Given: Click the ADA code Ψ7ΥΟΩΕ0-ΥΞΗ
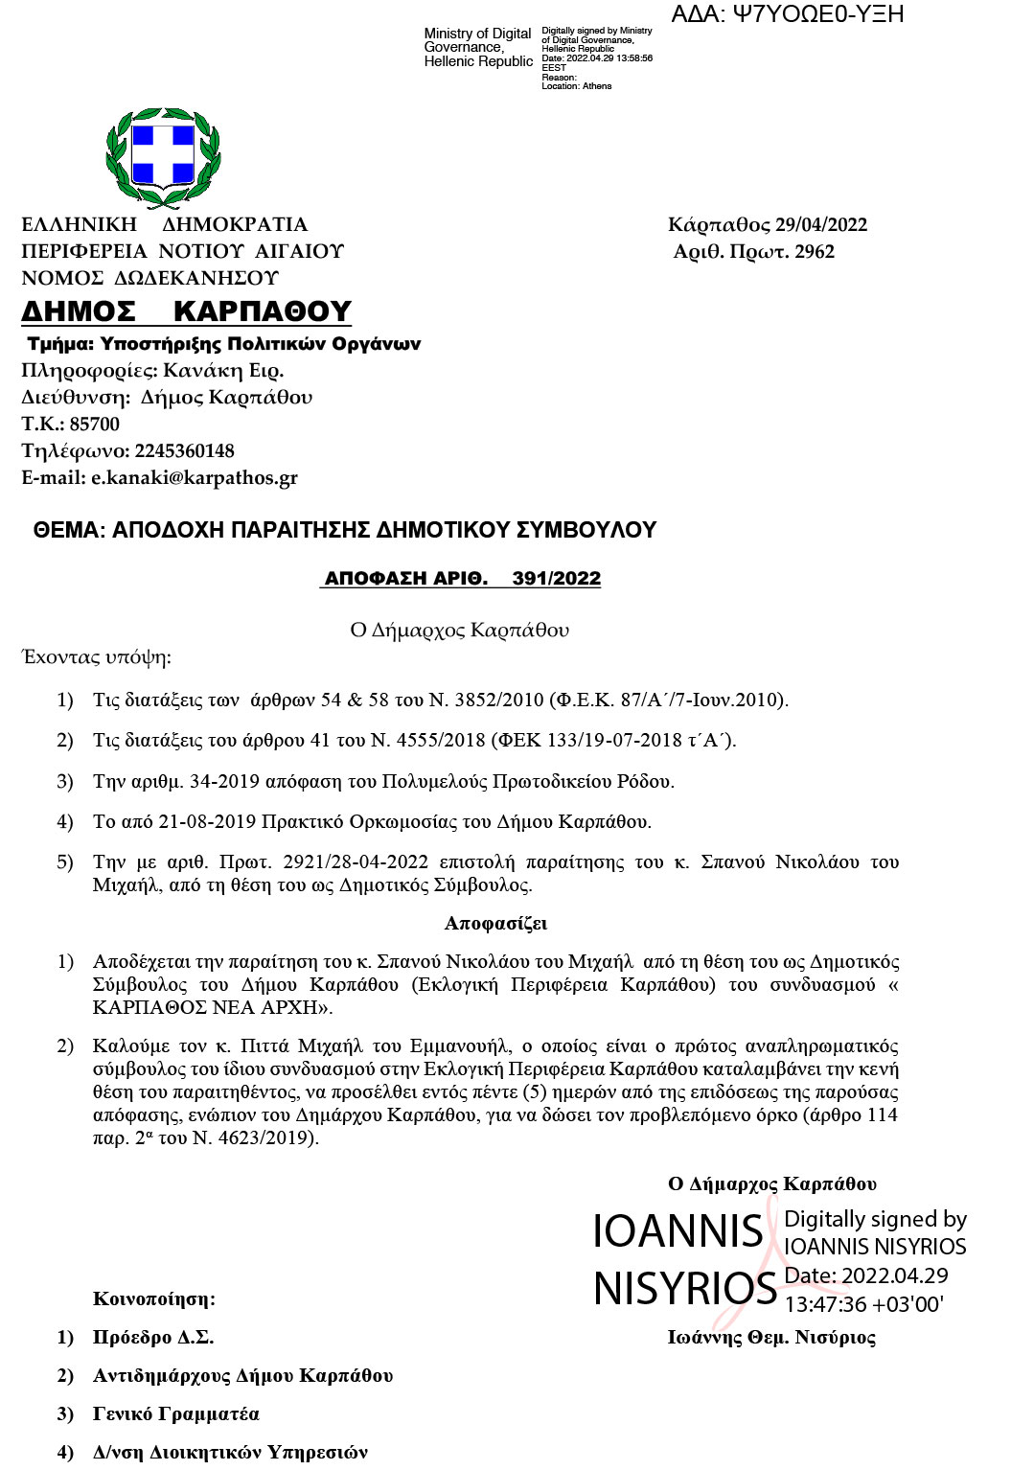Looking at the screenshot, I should (x=788, y=14).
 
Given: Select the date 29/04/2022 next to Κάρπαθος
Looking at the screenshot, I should (x=821, y=225).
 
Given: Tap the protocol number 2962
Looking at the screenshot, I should (x=815, y=252).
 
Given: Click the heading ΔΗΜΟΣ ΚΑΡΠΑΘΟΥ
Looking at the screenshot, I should (x=187, y=311).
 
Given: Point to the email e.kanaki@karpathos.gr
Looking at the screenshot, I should (x=195, y=478).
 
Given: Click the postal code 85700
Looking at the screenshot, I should (x=95, y=425).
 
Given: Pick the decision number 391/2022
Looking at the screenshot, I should (x=557, y=579).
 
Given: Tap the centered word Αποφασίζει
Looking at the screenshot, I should (x=495, y=924).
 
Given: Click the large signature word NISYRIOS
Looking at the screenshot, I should (x=684, y=1289).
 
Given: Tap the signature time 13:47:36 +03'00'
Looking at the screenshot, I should (x=863, y=1304).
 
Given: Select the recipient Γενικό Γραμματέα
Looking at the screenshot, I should (x=176, y=1414).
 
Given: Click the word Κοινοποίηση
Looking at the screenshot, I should (x=154, y=1299).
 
